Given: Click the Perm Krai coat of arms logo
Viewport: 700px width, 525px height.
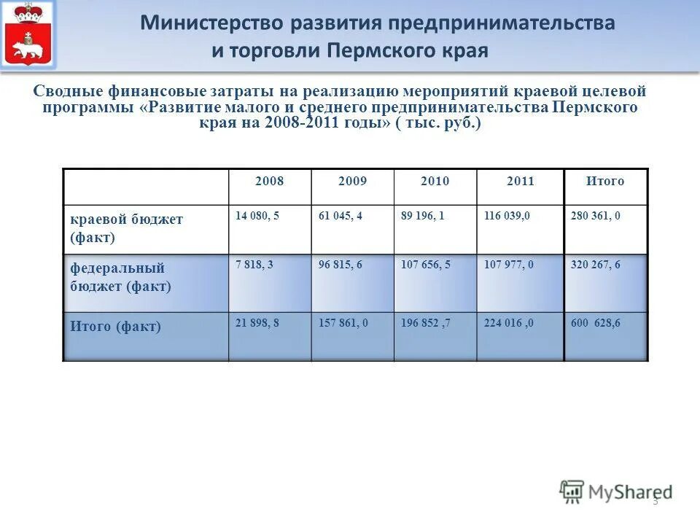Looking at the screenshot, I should click(29, 36).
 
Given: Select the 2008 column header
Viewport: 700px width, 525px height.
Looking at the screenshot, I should click(270, 182).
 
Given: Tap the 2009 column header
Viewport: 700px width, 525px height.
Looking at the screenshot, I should click(353, 182).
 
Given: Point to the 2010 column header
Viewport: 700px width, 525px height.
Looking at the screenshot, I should click(435, 182).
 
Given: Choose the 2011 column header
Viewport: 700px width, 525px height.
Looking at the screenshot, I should click(521, 182).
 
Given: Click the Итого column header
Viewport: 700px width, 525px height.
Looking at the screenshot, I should click(605, 182).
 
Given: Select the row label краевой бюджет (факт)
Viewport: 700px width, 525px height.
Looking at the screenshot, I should click(126, 228).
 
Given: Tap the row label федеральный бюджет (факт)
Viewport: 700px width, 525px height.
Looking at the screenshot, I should click(120, 277).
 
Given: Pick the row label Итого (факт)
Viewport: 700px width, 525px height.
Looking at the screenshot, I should click(115, 327).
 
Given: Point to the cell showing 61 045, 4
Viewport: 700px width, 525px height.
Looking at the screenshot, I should click(341, 217).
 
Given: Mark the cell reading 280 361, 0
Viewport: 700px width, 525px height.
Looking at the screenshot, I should click(595, 217).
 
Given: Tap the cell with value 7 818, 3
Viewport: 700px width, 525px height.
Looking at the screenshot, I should click(254, 265).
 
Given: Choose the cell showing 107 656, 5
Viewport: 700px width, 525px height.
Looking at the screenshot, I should click(426, 265).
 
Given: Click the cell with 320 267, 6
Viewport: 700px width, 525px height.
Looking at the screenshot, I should click(595, 265).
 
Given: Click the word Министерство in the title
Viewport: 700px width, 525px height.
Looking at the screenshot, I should click(212, 23).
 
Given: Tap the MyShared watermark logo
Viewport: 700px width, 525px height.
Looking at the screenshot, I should click(616, 491).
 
